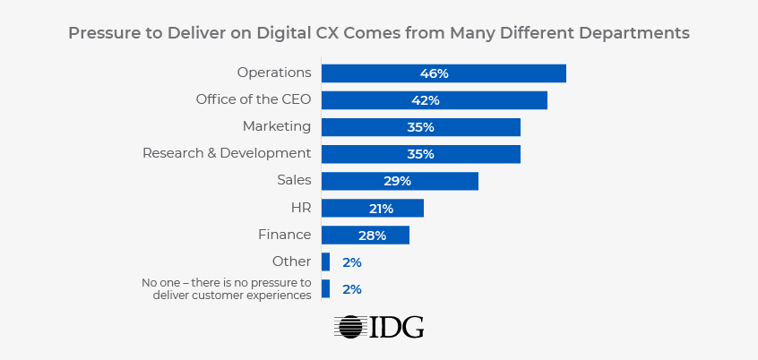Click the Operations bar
tap(444, 73)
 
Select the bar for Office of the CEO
tap(434, 100)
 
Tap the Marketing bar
tap(420, 127)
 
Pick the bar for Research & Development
tap(420, 154)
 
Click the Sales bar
tap(400, 181)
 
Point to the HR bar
tap(372, 208)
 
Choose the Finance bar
tap(365, 235)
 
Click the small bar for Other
tap(325, 261)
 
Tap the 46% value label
tap(434, 73)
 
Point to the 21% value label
tap(381, 208)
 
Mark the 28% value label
tap(372, 235)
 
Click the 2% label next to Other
tap(351, 262)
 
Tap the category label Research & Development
tap(227, 153)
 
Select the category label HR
tap(299, 208)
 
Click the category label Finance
tap(284, 235)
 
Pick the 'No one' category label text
tap(227, 288)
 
